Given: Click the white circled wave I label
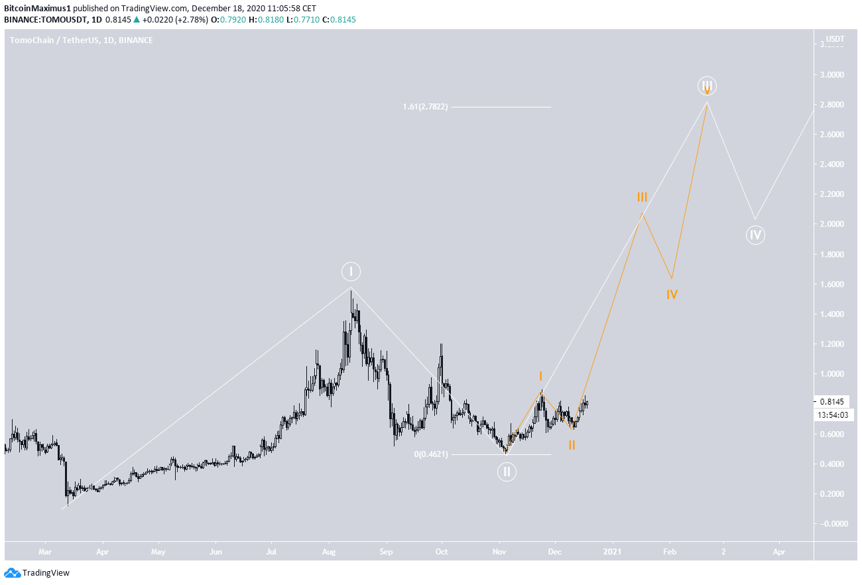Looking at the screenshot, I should pos(351,271).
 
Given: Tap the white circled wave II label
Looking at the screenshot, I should pos(506,472).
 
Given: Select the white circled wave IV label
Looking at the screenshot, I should pos(755,234).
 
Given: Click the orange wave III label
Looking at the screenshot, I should pos(642,197).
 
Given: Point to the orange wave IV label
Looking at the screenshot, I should pos(672,294).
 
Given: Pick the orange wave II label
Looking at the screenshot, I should pos(571,445).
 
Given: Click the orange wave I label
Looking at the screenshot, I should pos(540,376).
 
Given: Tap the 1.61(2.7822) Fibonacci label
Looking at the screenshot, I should pos(426,107).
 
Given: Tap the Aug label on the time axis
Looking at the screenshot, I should pos(328,551).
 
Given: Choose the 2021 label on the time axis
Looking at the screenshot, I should pos(613,551).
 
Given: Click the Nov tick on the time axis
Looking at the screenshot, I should pos(500,551).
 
